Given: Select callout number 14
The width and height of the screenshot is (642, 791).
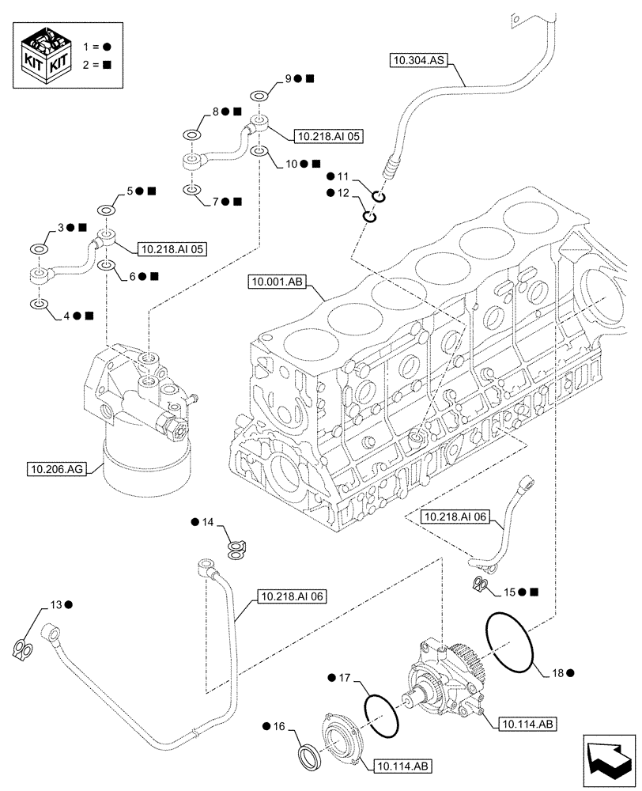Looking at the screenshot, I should tap(208, 523).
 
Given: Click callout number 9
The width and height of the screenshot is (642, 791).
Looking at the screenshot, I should tap(289, 78).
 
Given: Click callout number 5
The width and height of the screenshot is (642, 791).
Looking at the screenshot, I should tap(129, 191).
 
